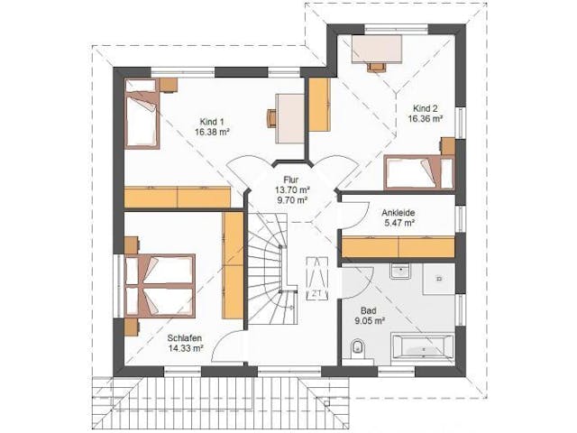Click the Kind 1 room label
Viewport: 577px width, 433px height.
pos(211,122)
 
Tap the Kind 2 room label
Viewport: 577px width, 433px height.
pos(425,108)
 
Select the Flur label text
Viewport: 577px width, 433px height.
pos(291,180)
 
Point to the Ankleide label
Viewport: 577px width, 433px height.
pos(398,213)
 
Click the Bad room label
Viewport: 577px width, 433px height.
pos(369,310)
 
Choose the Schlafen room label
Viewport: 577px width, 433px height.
pos(184,338)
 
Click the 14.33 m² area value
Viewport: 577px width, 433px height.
pos(186,348)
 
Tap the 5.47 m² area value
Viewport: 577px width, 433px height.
pos(398,223)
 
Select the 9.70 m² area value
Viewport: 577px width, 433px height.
pos(291,200)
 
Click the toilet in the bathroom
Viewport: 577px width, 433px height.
pos(357,349)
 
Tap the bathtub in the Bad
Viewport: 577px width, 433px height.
pos(422,346)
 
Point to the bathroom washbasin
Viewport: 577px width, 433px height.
pos(399,271)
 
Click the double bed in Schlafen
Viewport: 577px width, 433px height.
pos(159,285)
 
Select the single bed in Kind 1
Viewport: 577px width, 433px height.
pos(142,113)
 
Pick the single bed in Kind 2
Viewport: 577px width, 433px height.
pos(418,172)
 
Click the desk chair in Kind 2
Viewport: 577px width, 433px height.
pos(377,67)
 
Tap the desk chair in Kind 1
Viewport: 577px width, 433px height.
pos(271,118)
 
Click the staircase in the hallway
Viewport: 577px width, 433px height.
pos(272,268)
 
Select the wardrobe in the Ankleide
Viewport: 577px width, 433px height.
pos(398,247)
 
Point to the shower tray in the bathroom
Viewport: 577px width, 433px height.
pos(439,279)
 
